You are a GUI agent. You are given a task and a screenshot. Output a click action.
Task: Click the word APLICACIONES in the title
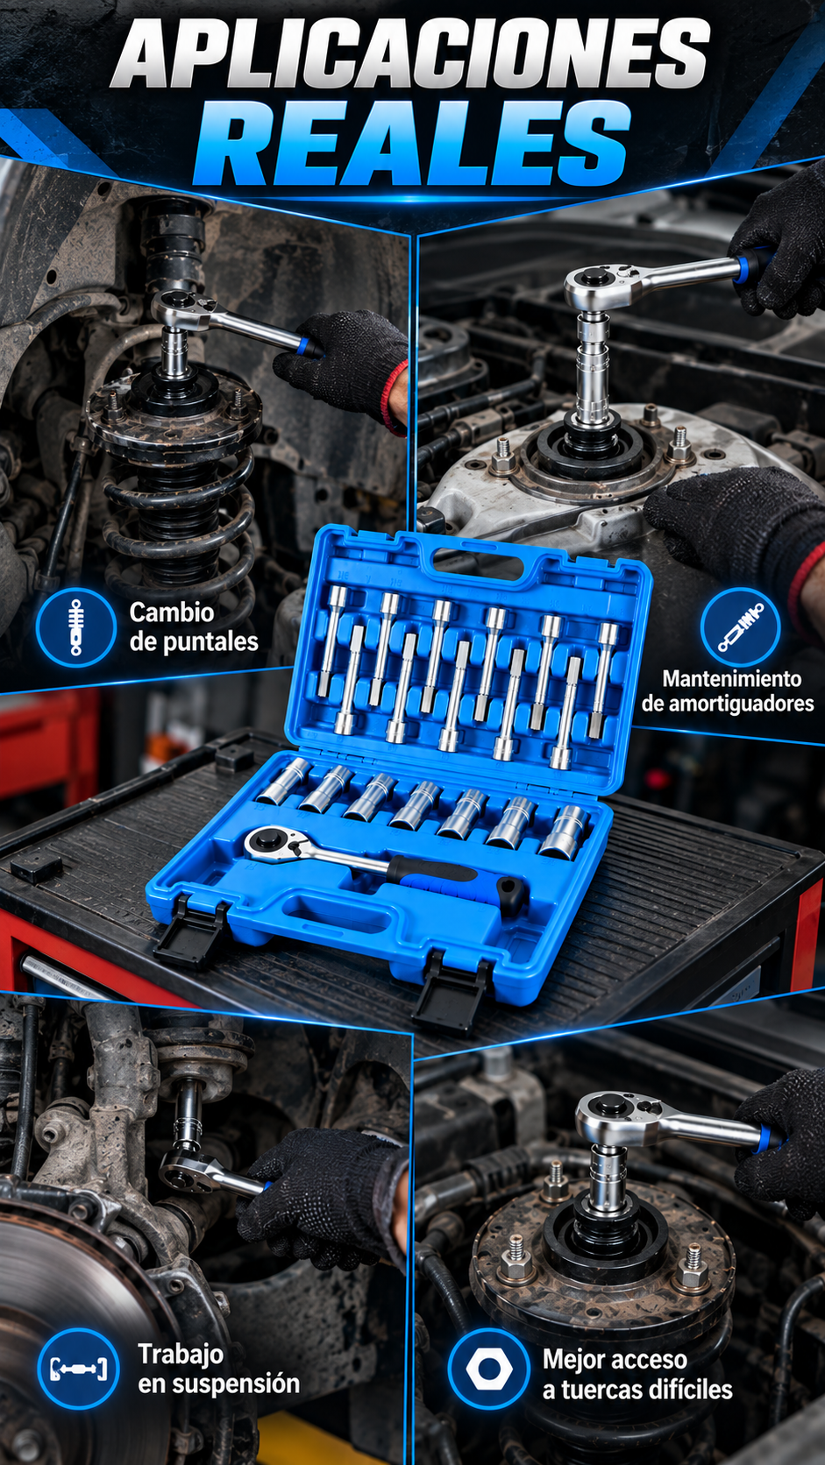coord(411,53)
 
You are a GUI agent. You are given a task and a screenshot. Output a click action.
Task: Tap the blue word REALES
coord(413,144)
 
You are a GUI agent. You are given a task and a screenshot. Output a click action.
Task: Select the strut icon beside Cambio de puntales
coord(76,626)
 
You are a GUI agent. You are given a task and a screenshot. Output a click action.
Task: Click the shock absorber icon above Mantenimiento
coord(740,626)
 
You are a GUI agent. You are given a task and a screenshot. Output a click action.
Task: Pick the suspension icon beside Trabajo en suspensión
coord(78,1368)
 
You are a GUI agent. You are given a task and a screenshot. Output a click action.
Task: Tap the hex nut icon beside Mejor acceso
coord(488,1368)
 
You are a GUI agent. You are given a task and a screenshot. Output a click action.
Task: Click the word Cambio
coord(172,612)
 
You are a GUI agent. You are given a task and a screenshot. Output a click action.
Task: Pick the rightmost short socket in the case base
coord(565,831)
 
